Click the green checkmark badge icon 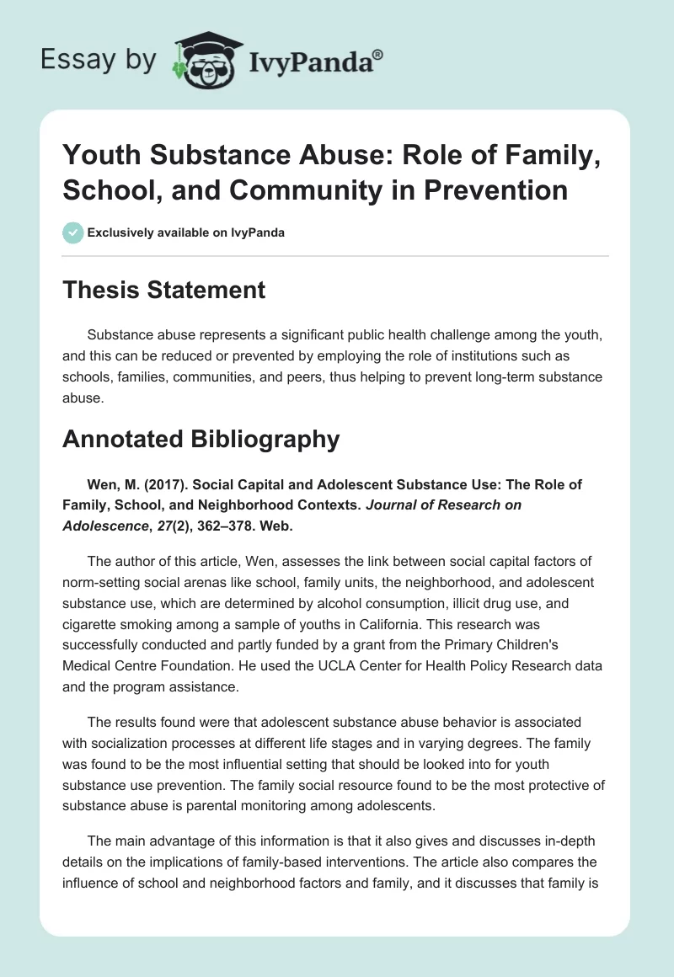pos(73,232)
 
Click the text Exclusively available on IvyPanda pos(186,232)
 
